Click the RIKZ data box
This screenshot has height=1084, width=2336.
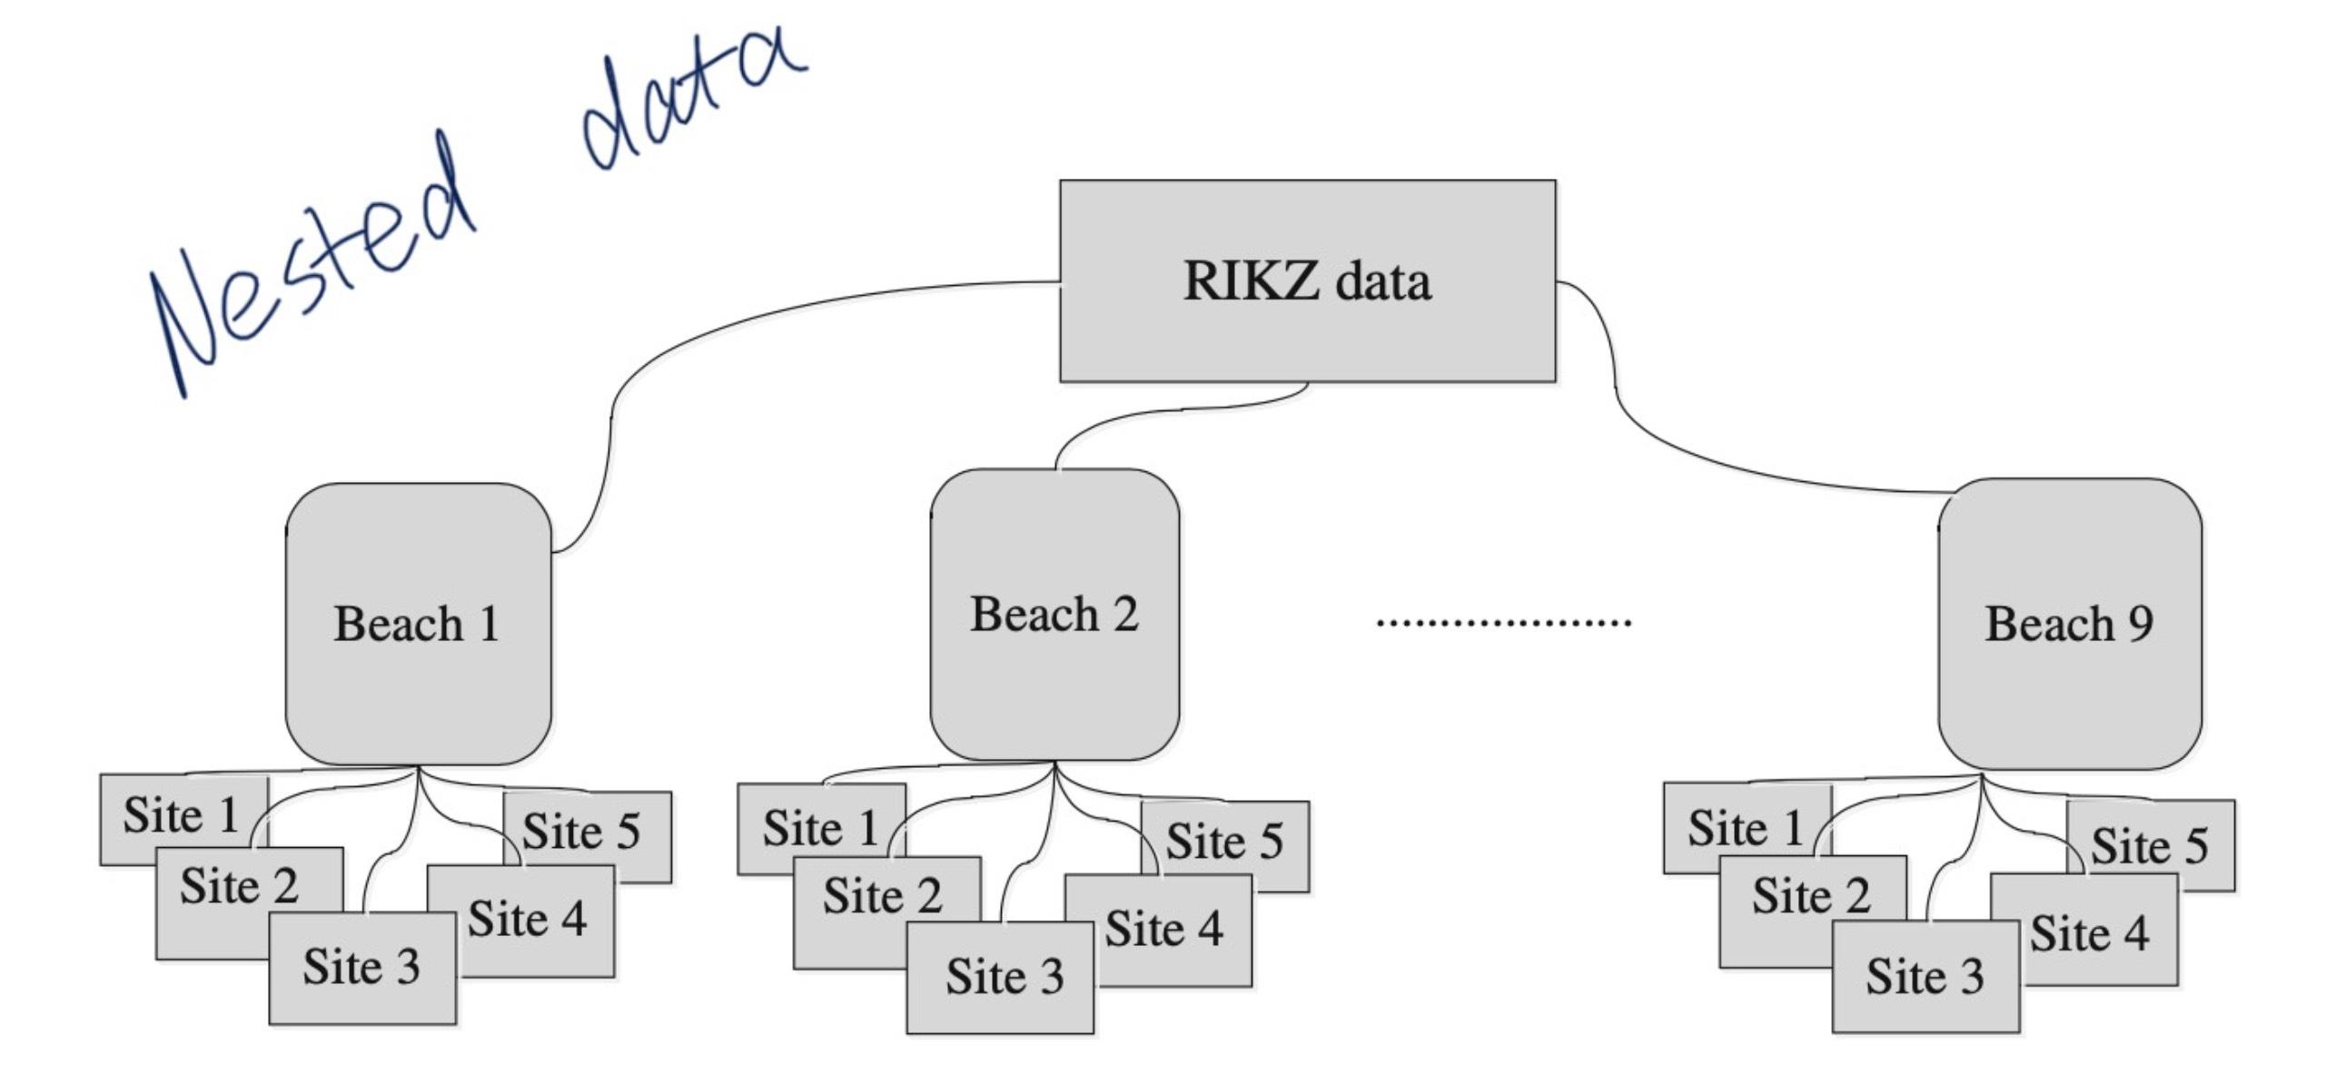point(1307,281)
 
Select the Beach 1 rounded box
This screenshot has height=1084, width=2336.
point(418,624)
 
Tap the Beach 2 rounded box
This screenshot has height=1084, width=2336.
point(1054,615)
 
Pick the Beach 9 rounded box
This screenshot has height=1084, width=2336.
point(2069,624)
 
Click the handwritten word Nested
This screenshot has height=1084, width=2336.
point(309,272)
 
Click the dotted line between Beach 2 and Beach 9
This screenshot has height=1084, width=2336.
point(1503,623)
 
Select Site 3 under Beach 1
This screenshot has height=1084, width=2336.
point(361,967)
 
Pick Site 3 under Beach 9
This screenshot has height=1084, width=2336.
point(1925,977)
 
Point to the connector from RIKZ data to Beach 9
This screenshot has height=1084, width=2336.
point(1680,453)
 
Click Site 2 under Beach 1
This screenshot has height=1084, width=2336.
point(238,886)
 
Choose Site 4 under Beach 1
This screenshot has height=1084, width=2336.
point(527,919)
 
